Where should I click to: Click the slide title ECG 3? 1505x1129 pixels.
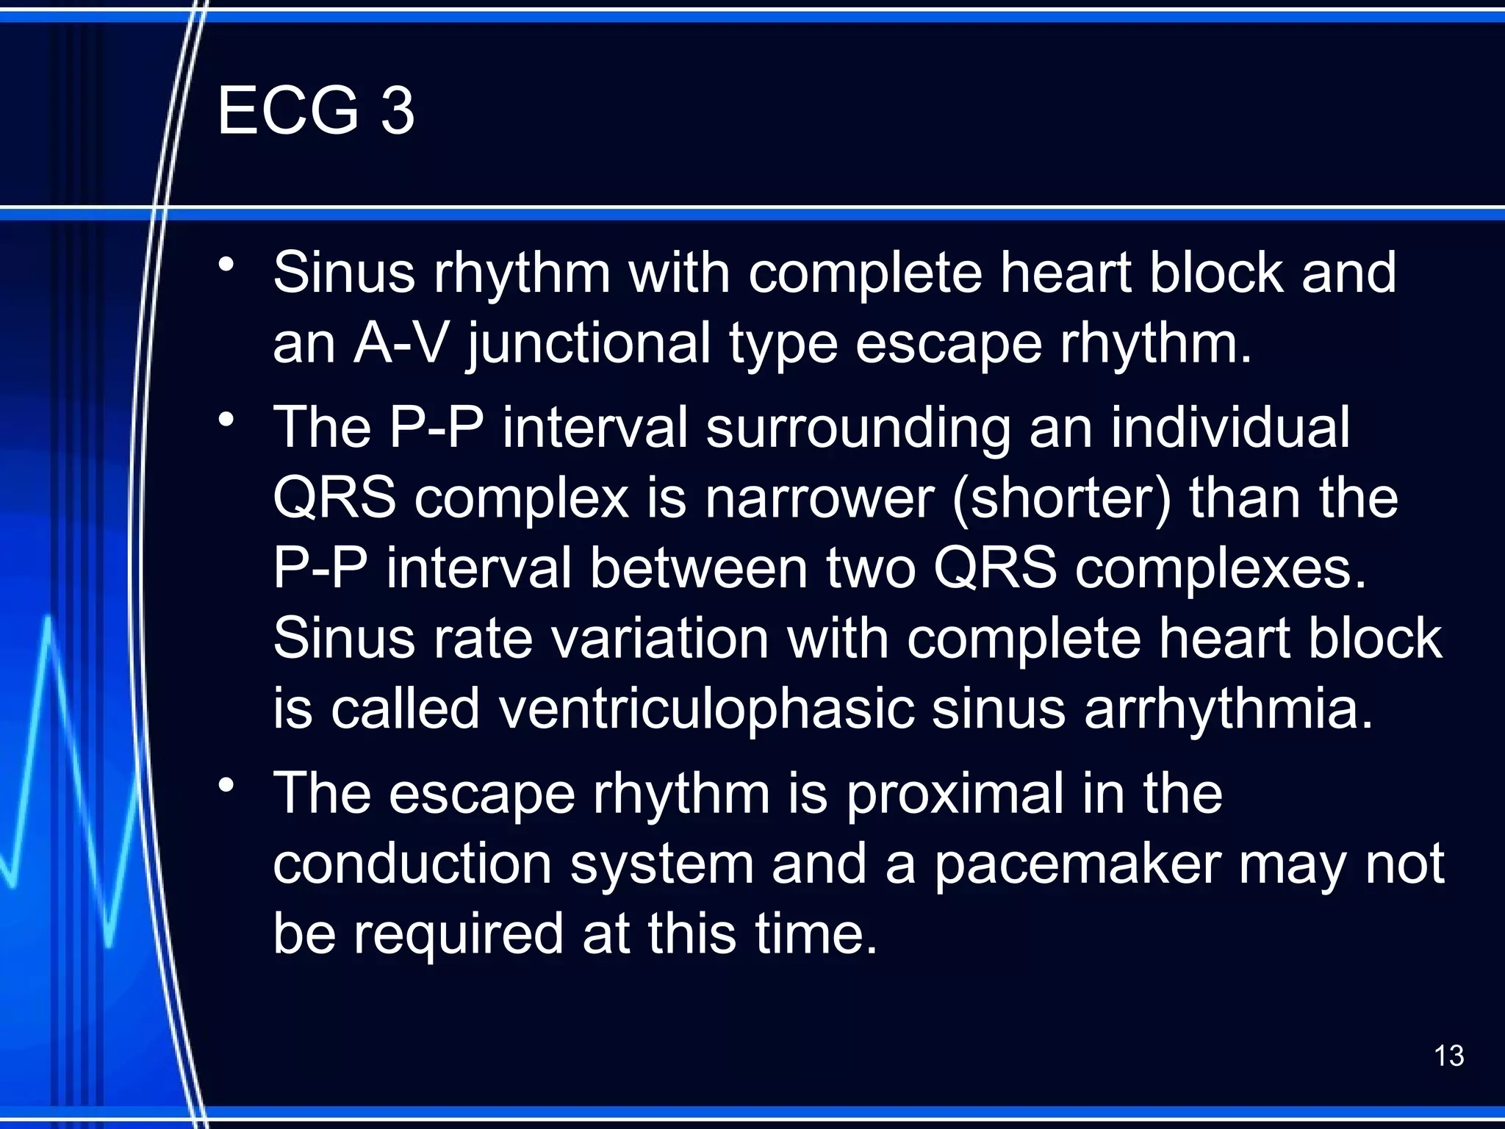pos(316,110)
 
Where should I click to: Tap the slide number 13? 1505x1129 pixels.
pos(1448,1055)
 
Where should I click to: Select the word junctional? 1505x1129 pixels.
pos(589,344)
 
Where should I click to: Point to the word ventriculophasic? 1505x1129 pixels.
pos(706,710)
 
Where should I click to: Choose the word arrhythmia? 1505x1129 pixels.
pos(1229,709)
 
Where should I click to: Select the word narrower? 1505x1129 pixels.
pos(819,498)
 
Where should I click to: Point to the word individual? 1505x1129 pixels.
pos(1230,427)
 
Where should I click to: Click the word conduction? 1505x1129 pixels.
pos(412,864)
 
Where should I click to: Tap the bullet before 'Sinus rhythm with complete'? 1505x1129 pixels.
pos(226,265)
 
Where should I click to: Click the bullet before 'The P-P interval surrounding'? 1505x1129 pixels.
pos(226,420)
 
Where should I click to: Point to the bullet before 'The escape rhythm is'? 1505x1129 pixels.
pos(226,786)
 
